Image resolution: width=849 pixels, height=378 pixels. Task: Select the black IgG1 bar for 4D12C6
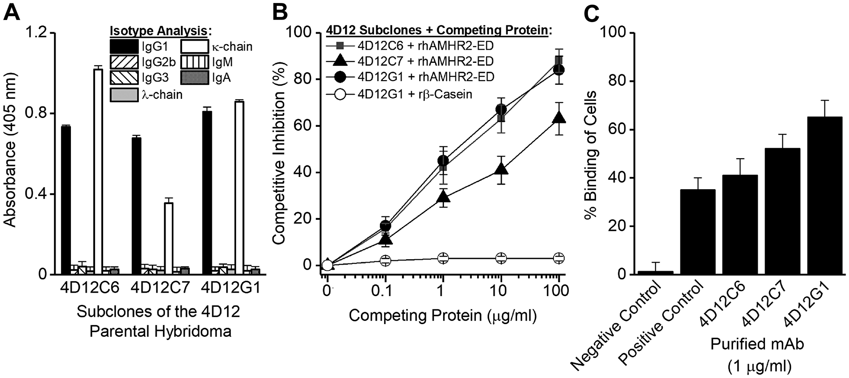tap(66, 200)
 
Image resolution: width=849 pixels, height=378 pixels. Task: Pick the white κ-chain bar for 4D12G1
tap(239, 188)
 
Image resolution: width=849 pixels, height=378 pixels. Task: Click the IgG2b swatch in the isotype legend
tap(124, 62)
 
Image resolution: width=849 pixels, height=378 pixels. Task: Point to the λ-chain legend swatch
tap(124, 95)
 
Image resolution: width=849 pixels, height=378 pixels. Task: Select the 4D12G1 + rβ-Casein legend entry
tap(399, 94)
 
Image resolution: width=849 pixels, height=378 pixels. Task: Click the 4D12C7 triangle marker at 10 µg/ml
tap(501, 169)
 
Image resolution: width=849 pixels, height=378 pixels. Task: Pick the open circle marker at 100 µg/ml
tap(559, 258)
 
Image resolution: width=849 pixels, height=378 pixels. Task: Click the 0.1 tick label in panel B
tap(385, 291)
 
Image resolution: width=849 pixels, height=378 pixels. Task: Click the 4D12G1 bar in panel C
tap(824, 196)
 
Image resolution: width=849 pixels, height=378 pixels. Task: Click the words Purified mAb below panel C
tap(757, 344)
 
